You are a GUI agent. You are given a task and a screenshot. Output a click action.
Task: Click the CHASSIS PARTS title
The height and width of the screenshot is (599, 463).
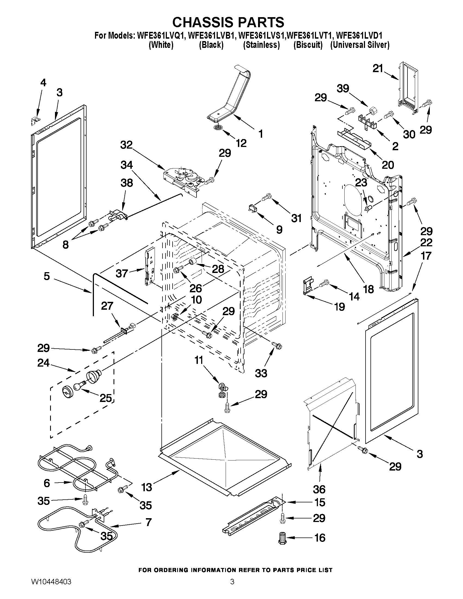pos(228,22)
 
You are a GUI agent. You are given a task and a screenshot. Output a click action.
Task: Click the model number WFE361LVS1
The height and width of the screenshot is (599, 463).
pos(262,36)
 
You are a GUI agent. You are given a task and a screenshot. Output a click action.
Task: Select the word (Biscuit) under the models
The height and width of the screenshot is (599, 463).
pos(308,45)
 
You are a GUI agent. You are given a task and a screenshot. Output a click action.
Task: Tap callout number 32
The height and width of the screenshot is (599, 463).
pos(127,145)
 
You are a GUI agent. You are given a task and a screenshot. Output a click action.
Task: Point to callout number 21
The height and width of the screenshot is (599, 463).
pos(378,68)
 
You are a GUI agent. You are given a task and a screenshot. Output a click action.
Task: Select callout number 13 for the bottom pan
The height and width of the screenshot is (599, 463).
pos(147,487)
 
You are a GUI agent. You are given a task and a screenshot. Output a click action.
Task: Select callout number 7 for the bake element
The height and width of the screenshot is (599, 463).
pos(148,522)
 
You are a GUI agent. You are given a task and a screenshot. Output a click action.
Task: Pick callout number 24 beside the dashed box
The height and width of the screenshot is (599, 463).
pos(43,363)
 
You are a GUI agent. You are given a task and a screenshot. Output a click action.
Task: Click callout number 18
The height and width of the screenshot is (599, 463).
pos(369,289)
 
